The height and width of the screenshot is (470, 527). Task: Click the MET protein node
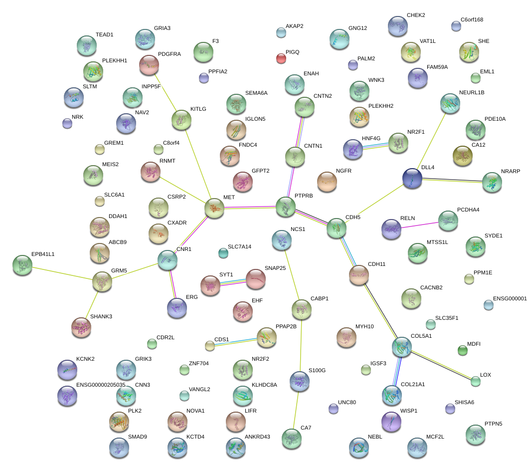214,208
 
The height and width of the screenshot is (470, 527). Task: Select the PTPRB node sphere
286,207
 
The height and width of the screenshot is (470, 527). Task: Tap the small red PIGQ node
281,58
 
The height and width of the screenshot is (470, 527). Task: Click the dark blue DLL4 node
412,178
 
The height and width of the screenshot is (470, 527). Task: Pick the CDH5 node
337,228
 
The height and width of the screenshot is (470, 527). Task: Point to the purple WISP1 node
391,421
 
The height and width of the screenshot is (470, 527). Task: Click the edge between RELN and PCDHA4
420,225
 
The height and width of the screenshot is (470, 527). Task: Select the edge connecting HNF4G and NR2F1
375,146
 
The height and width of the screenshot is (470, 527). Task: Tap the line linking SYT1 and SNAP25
233,282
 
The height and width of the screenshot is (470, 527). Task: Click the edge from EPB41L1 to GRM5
62,273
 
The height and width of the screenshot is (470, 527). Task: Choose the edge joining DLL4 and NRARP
452,180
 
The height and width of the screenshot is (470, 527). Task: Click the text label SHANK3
101,317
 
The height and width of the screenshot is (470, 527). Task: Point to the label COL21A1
413,385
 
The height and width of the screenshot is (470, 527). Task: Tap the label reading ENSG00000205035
101,385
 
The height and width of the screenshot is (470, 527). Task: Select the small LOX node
476,382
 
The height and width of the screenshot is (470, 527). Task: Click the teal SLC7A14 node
223,253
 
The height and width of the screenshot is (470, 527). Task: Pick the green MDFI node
463,351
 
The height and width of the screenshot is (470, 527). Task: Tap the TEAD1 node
87,45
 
